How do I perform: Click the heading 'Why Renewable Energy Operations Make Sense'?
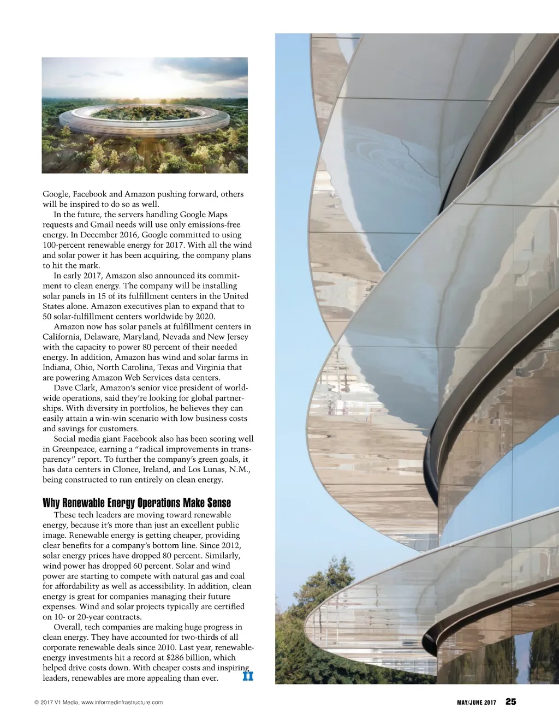(136, 503)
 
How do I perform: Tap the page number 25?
(510, 702)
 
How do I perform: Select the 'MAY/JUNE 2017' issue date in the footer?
(476, 703)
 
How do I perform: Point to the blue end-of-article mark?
(248, 677)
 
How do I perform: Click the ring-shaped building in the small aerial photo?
(144, 120)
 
